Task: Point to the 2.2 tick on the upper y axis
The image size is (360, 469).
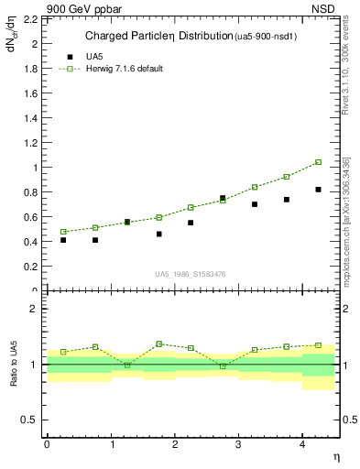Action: tap(29, 18)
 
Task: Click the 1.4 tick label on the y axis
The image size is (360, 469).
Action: tap(29, 118)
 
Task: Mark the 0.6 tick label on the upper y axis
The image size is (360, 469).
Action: tap(29, 217)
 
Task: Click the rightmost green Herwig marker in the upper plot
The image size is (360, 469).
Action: tap(319, 162)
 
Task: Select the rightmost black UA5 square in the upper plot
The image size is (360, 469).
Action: tap(319, 190)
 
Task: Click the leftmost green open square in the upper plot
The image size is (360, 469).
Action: tap(63, 232)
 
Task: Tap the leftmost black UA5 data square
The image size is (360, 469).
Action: tap(63, 240)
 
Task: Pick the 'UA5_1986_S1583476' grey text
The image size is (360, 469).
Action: tap(191, 274)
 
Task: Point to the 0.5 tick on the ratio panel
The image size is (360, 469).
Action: tap(30, 420)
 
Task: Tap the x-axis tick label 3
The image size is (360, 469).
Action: tap(238, 444)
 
